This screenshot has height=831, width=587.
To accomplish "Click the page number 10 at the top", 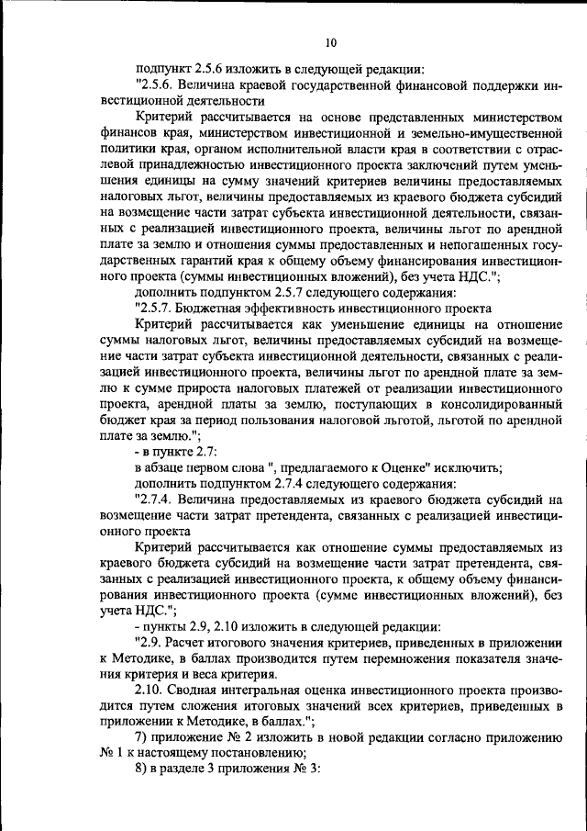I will [x=330, y=41].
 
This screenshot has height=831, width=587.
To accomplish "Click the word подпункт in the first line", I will [x=164, y=68].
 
